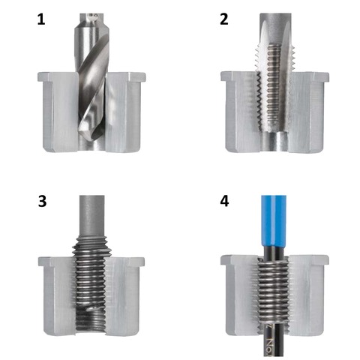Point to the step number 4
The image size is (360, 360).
tap(223, 202)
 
